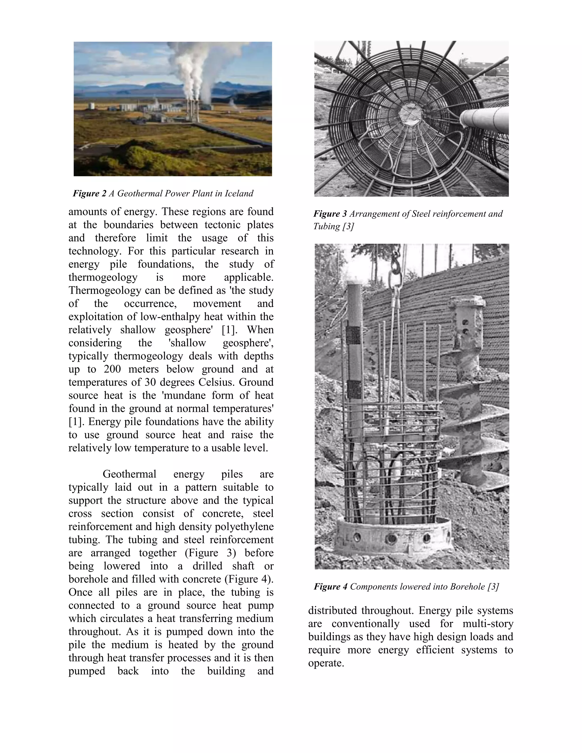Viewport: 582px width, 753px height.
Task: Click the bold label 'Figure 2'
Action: (x=89, y=194)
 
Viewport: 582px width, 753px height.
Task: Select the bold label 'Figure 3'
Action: (x=330, y=214)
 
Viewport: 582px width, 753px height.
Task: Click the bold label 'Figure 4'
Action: (x=330, y=586)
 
